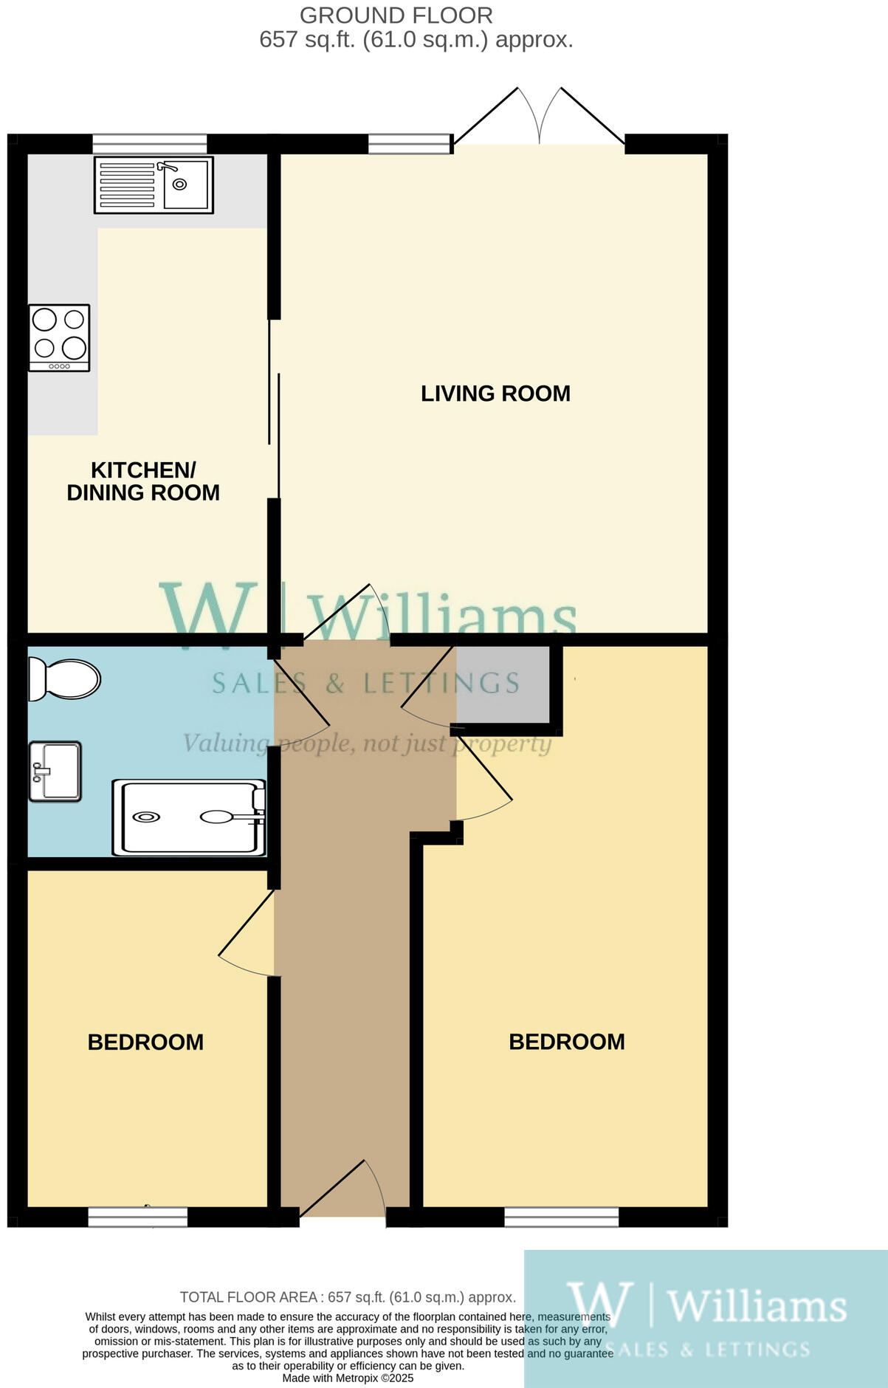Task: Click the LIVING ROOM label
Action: (495, 394)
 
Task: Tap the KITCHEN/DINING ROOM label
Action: (143, 481)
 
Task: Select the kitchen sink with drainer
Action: (154, 185)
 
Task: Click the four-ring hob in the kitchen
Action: (59, 337)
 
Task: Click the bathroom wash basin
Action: (55, 771)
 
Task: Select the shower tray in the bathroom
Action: (189, 817)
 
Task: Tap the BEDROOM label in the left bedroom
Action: (145, 1042)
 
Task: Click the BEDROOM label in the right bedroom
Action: (567, 1042)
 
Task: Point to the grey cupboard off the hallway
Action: (503, 684)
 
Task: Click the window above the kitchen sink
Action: (150, 143)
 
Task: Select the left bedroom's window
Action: (137, 1217)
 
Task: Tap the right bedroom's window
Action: (561, 1217)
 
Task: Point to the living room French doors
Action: (540, 118)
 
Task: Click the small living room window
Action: (410, 143)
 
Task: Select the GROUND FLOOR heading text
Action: (396, 15)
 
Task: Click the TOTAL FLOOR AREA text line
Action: (348, 1297)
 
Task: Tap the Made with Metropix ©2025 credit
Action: (348, 1378)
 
